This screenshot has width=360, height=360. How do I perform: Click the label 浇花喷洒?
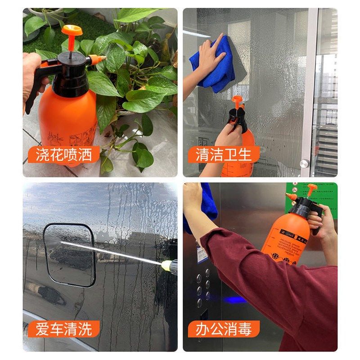click(x=63, y=155)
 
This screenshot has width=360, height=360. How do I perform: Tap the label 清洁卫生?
click(x=223, y=155)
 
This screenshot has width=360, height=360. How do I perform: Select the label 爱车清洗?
click(x=63, y=329)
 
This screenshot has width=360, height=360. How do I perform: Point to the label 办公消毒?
click(x=223, y=329)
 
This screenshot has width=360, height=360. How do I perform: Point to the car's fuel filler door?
click(x=70, y=254)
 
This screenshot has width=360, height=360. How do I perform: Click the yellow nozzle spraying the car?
click(x=169, y=265)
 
